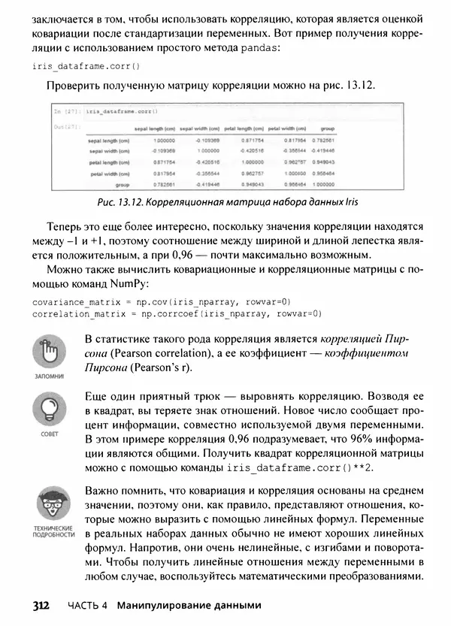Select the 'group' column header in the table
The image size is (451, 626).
tap(328, 129)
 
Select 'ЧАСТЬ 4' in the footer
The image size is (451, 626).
tap(88, 606)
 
